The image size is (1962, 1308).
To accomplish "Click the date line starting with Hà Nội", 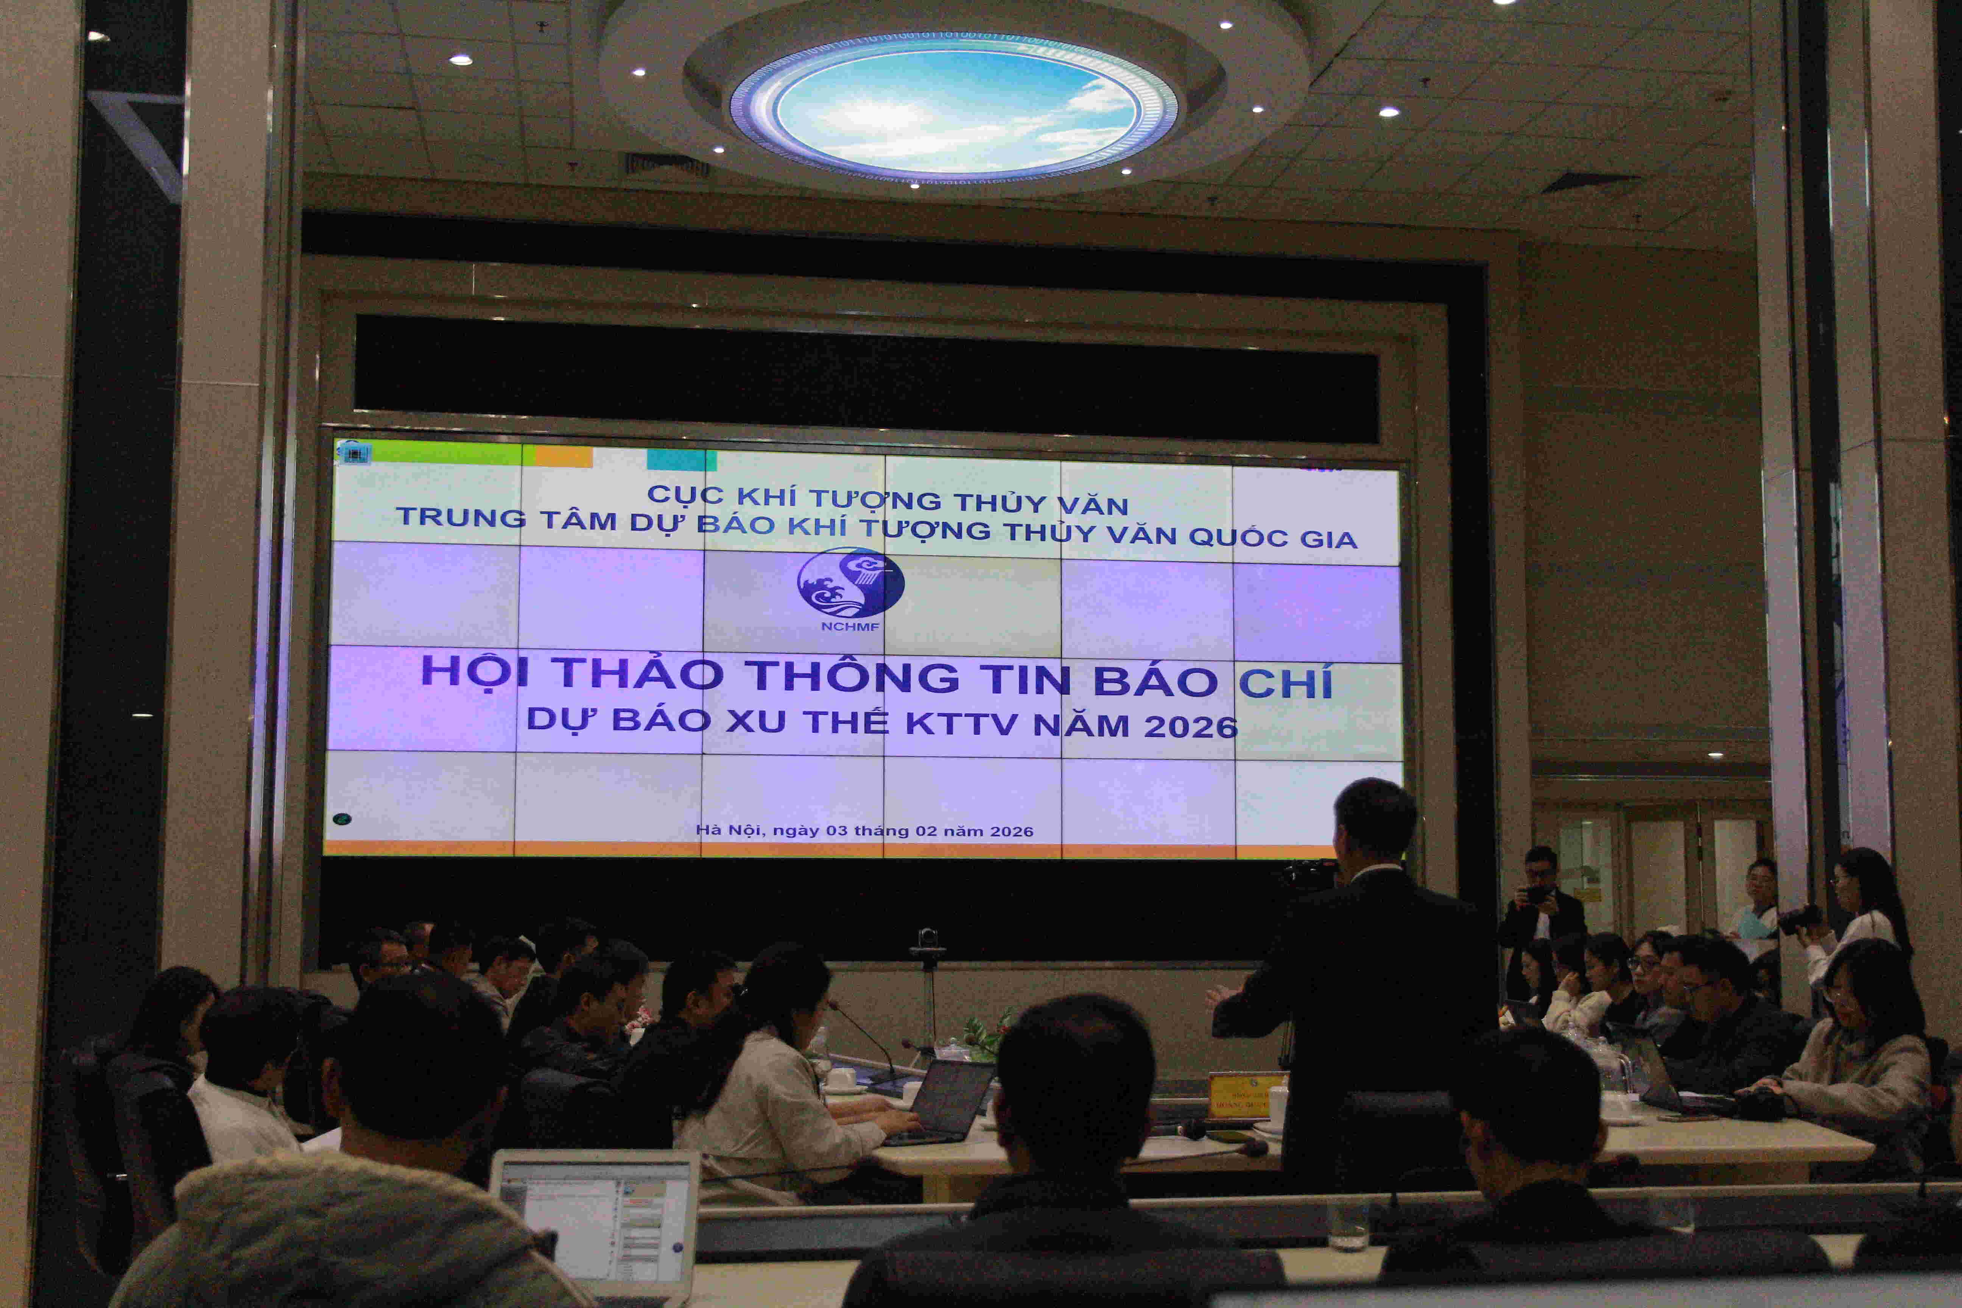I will coord(864,831).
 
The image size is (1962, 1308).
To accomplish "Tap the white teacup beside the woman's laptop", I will coord(842,1078).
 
